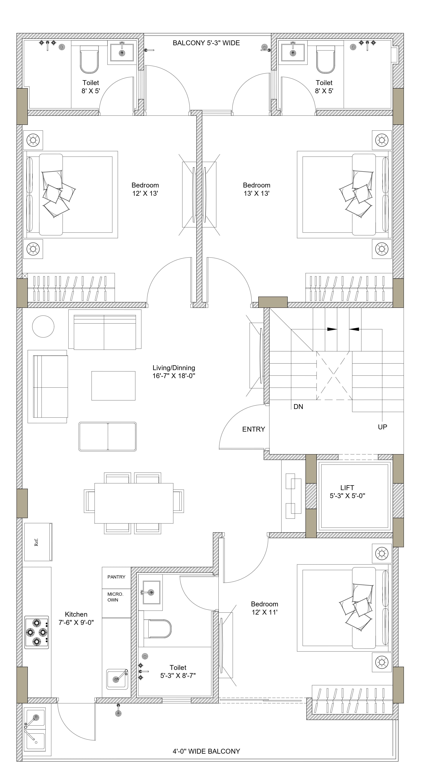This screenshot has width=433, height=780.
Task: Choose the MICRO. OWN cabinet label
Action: pyautogui.click(x=115, y=597)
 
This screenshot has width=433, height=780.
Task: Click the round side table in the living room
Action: pyautogui.click(x=43, y=326)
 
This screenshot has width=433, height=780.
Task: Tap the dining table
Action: pyautogui.click(x=134, y=503)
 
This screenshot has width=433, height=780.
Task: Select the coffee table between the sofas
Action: pyautogui.click(x=113, y=386)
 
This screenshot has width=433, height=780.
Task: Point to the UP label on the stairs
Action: pyautogui.click(x=382, y=427)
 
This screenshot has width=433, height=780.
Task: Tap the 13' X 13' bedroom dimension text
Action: pyautogui.click(x=256, y=193)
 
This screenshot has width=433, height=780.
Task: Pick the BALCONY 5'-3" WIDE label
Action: pyautogui.click(x=206, y=43)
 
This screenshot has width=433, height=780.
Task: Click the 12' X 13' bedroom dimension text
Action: pyautogui.click(x=145, y=193)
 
